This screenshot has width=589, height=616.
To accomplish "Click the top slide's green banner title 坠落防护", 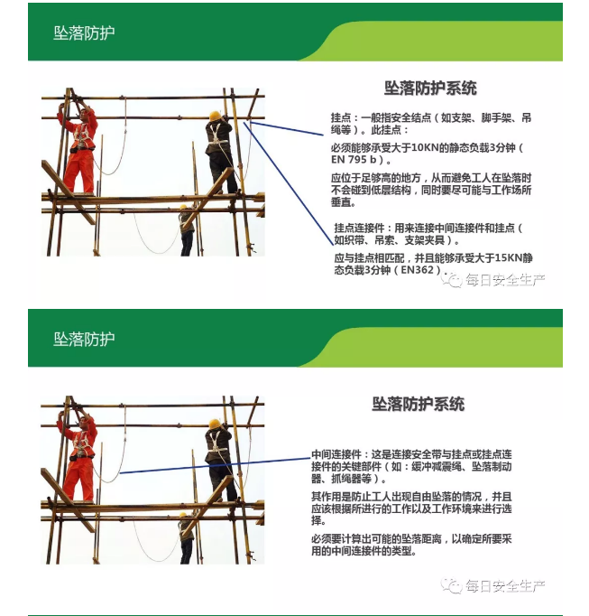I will pyautogui.click(x=84, y=33).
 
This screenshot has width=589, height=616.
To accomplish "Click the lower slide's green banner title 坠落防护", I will pyautogui.click(x=84, y=339).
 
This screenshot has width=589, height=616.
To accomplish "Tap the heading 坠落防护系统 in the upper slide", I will pyautogui.click(x=430, y=89).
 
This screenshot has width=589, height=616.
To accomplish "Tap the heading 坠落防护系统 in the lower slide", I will pyautogui.click(x=419, y=404).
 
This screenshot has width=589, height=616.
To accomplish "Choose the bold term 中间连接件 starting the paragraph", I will pyautogui.click(x=336, y=453).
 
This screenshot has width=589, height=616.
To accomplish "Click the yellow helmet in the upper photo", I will pyautogui.click(x=215, y=116).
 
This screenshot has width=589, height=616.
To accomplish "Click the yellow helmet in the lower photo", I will pyautogui.click(x=215, y=423).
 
